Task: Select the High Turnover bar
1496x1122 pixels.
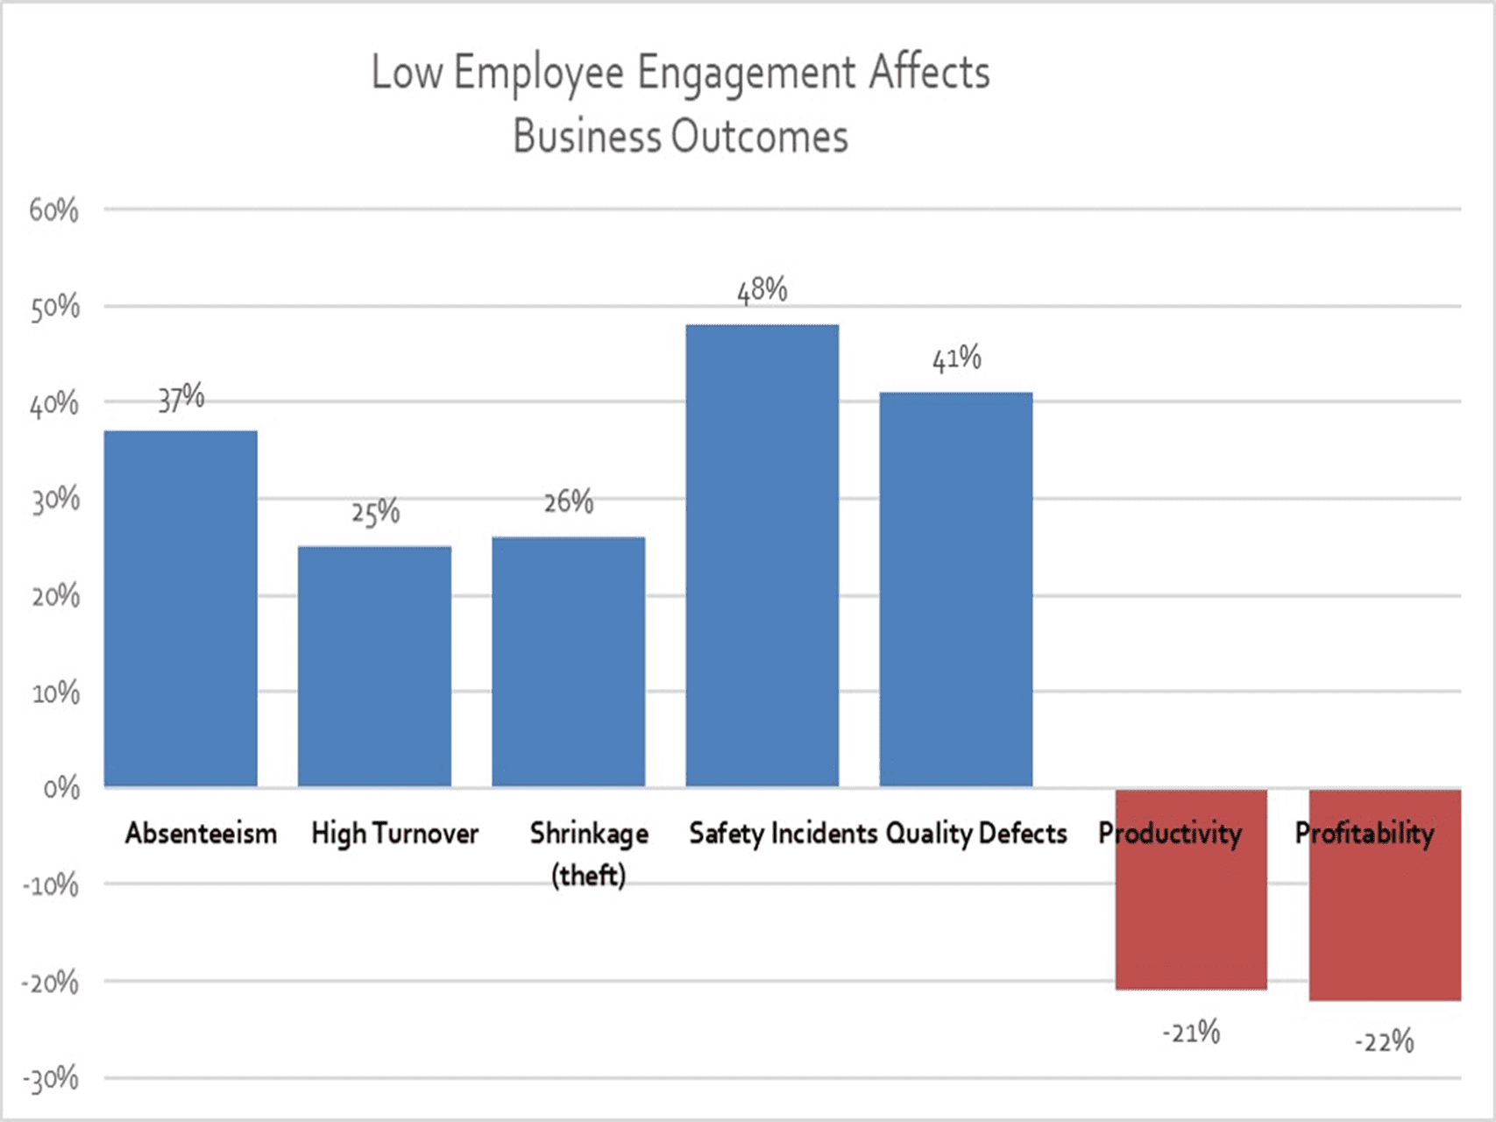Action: point(374,666)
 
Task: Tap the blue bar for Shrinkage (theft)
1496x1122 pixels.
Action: point(568,662)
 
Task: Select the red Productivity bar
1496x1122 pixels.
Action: point(1191,912)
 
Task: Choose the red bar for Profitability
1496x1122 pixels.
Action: point(1385,920)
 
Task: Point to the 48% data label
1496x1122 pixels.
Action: point(762,289)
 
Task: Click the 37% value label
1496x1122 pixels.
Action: point(181,398)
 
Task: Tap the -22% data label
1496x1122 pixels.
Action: point(1385,1042)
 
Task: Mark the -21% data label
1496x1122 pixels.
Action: point(1191,1033)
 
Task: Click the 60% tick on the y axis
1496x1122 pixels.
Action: point(53,210)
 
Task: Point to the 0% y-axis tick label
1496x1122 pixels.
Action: point(61,789)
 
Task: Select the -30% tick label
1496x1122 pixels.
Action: point(51,1079)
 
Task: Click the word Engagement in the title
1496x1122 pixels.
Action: point(746,74)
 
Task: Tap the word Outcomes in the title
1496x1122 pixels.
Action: point(760,138)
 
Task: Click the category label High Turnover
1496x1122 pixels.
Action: point(394,833)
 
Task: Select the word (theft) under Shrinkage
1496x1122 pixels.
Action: point(588,875)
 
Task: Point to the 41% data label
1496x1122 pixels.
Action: point(956,358)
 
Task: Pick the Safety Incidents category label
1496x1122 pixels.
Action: point(783,833)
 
